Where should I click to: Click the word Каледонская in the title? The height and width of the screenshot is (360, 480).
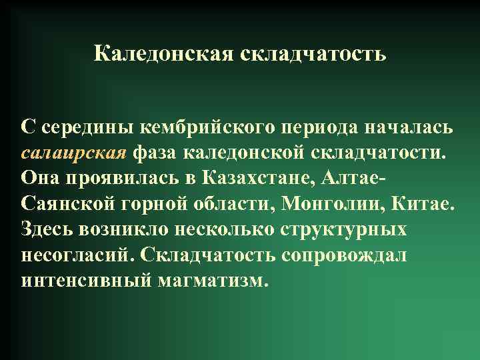163,53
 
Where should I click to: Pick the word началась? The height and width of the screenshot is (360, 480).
411,127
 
